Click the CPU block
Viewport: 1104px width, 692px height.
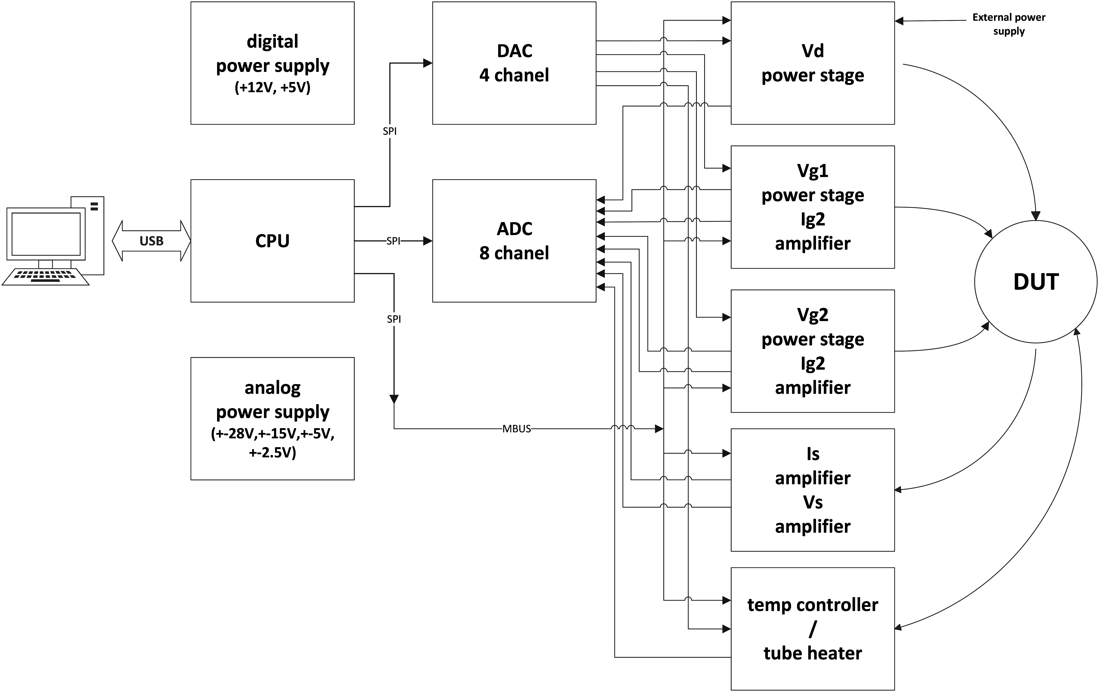[x=272, y=241]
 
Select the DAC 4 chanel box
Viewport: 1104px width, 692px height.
[x=514, y=63]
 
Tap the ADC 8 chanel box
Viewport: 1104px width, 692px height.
[x=514, y=241]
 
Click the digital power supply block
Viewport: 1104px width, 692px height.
[x=272, y=63]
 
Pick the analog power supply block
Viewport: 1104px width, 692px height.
[x=272, y=418]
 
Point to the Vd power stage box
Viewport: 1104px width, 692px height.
[x=812, y=63]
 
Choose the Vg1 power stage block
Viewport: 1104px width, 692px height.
[x=812, y=207]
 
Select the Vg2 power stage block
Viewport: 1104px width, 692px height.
[x=812, y=351]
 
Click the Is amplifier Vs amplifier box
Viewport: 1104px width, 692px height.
[x=812, y=490]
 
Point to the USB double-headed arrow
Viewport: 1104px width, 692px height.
[x=152, y=241]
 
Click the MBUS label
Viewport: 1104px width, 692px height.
[x=516, y=429]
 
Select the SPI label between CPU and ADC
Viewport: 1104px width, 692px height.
[x=393, y=241]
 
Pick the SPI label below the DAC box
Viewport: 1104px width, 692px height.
[x=390, y=131]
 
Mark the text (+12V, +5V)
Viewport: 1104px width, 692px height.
[x=272, y=87]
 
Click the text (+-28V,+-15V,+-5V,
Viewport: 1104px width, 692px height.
[x=272, y=433]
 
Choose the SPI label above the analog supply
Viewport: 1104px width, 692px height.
[x=394, y=319]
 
